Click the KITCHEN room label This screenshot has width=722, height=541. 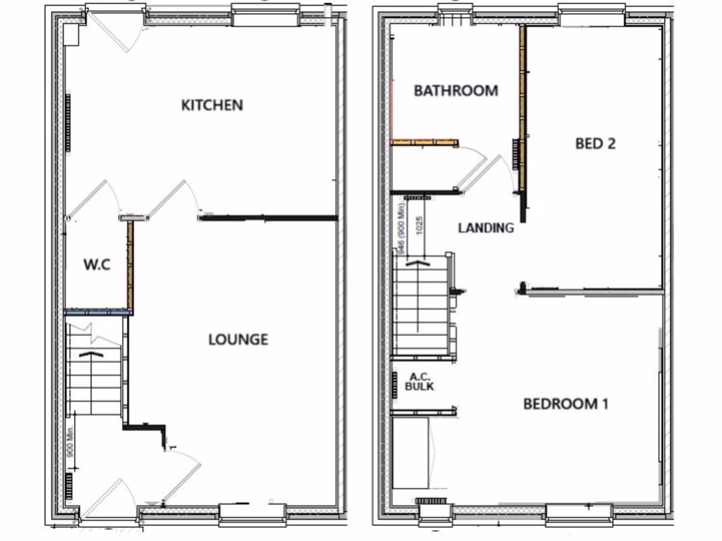click(x=212, y=105)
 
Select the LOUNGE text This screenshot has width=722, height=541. click(x=238, y=340)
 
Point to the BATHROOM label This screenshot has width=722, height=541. click(x=455, y=91)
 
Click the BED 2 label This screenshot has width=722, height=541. click(x=595, y=144)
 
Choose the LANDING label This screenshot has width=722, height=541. click(x=486, y=228)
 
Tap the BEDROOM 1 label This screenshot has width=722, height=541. click(x=565, y=404)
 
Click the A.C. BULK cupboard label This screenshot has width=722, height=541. click(x=420, y=382)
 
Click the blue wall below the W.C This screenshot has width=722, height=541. click(x=97, y=311)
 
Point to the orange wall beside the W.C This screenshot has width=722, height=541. click(x=130, y=266)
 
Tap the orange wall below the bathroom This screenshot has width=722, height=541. click(x=423, y=143)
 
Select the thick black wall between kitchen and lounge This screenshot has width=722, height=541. click(x=268, y=218)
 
